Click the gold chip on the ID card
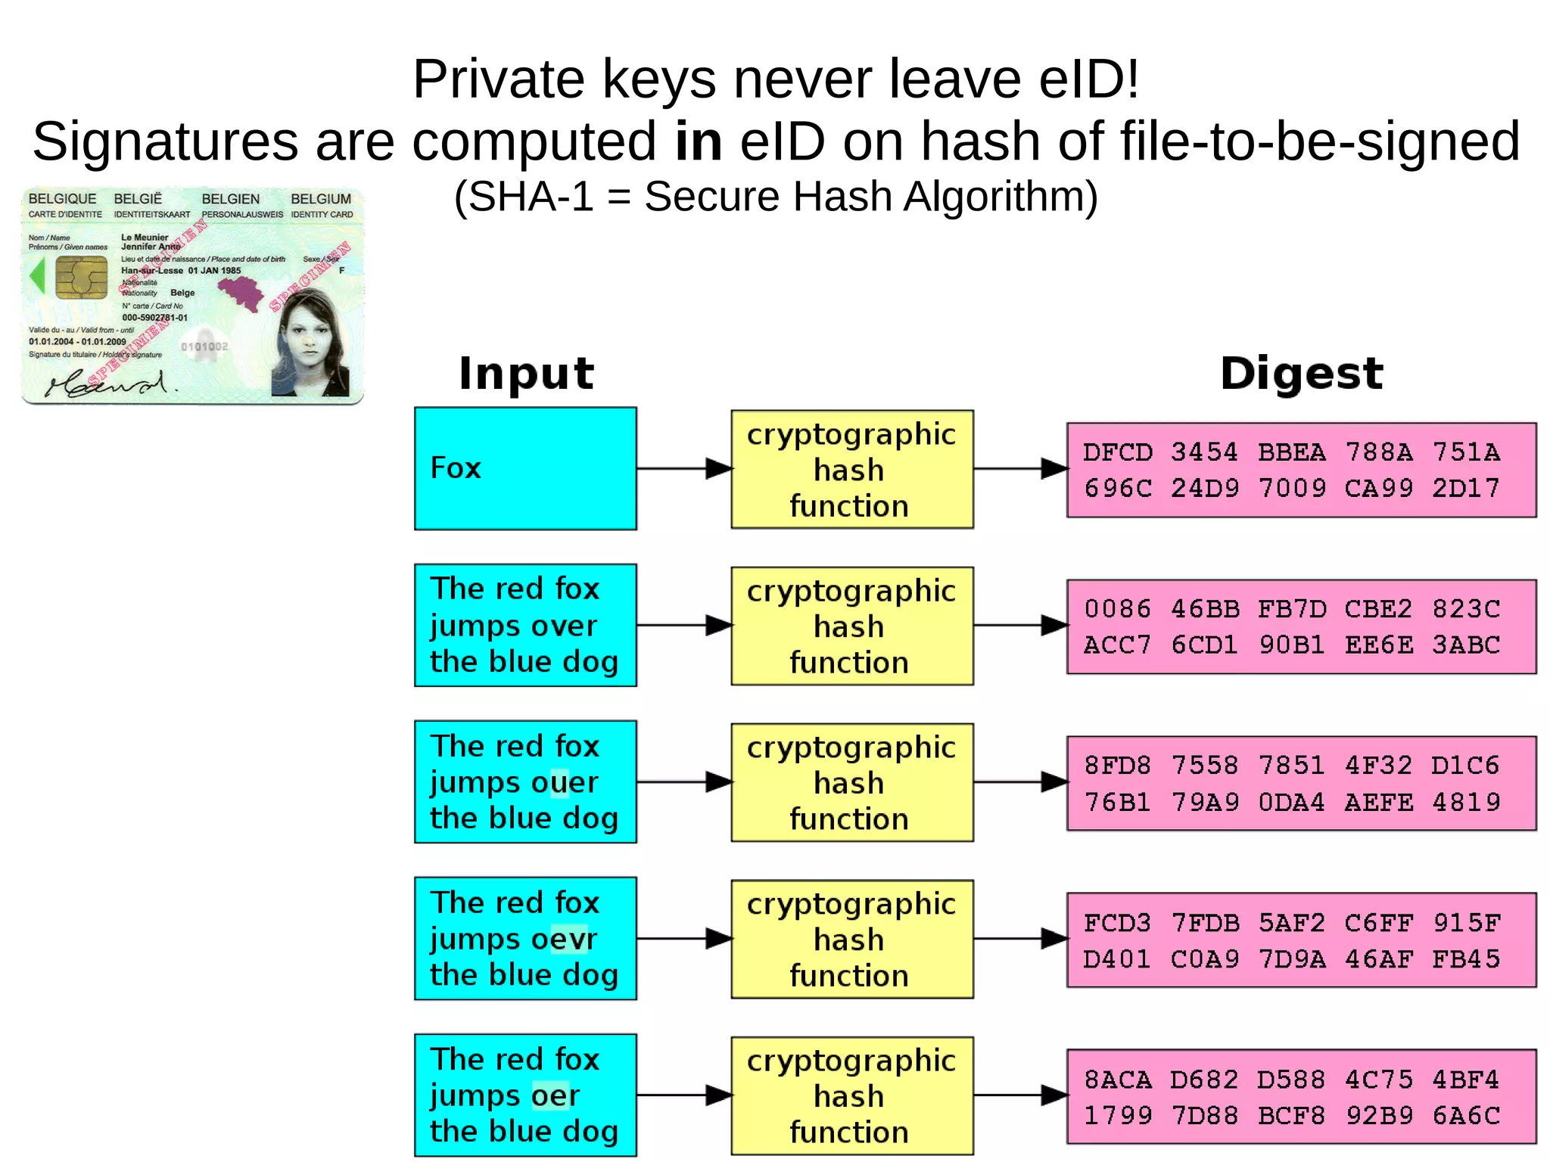click(x=81, y=277)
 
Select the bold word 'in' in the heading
click(x=698, y=141)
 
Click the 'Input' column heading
click(x=526, y=373)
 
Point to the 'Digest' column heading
click(x=1301, y=373)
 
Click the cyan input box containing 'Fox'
click(x=525, y=468)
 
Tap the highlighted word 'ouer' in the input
click(x=563, y=782)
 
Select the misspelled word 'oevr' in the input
click(x=563, y=939)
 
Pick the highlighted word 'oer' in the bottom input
click(x=556, y=1095)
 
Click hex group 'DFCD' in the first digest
click(x=1118, y=452)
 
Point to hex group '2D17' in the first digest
click(x=1465, y=488)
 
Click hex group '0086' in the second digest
click(x=1118, y=609)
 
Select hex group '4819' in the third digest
click(x=1465, y=802)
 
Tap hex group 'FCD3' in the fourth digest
click(x=1118, y=923)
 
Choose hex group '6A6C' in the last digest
click(x=1465, y=1115)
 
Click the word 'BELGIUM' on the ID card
click(x=321, y=199)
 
